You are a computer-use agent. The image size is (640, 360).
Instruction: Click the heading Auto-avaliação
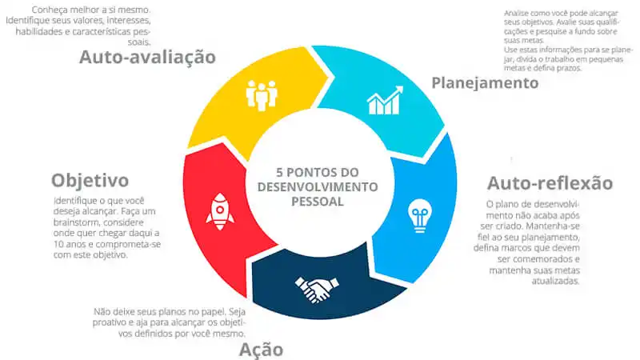click(147, 57)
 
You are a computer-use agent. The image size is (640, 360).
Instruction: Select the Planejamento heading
click(485, 83)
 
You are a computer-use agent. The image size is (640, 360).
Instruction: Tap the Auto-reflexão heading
click(550, 183)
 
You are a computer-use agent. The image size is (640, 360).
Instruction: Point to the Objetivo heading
click(90, 181)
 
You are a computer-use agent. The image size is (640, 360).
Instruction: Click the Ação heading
click(261, 350)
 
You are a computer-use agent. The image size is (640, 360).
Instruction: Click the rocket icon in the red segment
click(220, 211)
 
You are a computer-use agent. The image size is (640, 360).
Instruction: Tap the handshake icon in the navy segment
click(317, 290)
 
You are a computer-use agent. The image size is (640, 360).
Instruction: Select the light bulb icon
click(419, 215)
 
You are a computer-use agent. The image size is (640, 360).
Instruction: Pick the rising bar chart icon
click(385, 101)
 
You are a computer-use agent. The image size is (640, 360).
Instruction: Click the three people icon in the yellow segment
click(262, 95)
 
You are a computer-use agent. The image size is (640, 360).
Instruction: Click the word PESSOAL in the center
click(317, 202)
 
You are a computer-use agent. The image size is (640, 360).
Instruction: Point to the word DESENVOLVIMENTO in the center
click(318, 187)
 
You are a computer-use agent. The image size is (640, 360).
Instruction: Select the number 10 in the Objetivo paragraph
click(58, 244)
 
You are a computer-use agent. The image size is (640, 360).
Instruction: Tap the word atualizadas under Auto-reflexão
click(555, 282)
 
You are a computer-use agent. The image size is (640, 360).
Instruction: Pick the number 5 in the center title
click(279, 172)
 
